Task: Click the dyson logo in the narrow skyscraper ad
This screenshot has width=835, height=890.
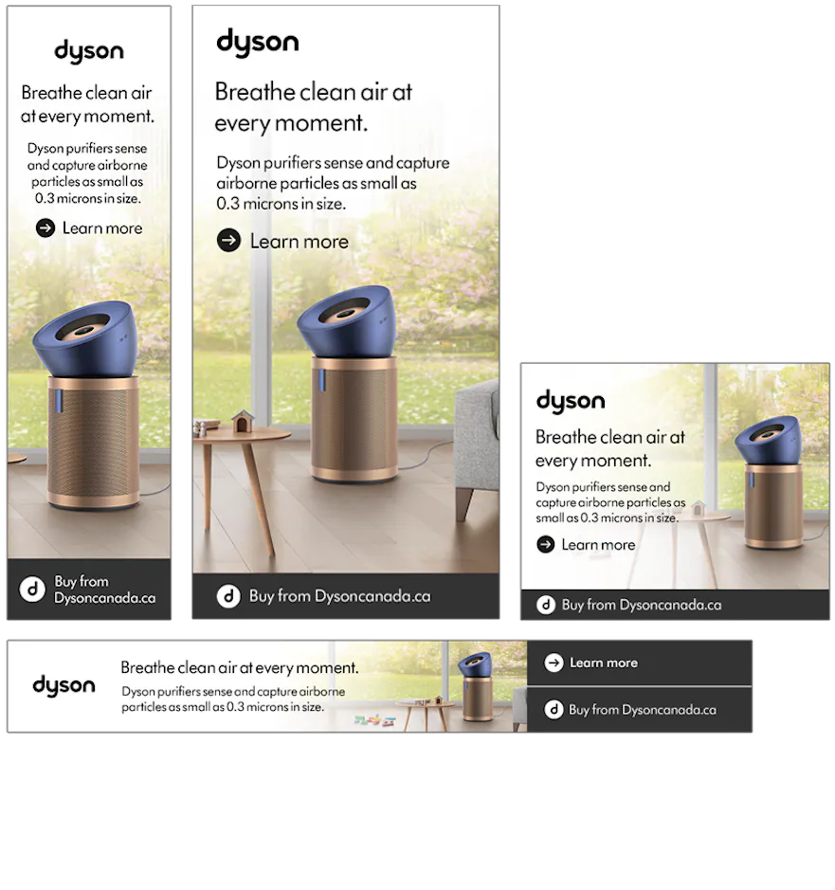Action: click(x=89, y=51)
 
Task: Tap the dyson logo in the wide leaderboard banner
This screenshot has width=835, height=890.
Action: click(x=64, y=685)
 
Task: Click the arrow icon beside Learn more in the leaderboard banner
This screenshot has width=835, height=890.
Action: click(x=554, y=663)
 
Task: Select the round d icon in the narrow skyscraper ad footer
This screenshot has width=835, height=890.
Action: click(x=32, y=590)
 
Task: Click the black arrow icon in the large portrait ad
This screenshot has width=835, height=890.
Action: click(x=228, y=240)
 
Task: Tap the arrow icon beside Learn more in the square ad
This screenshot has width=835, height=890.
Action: click(x=546, y=544)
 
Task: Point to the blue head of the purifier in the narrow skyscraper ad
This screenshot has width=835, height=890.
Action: click(x=85, y=337)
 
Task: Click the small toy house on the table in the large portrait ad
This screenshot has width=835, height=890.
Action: click(x=242, y=421)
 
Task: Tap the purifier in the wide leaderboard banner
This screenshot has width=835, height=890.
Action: click(x=476, y=687)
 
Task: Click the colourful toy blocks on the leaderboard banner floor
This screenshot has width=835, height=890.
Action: click(x=374, y=721)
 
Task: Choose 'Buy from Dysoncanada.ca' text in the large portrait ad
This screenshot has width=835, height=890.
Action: click(x=339, y=596)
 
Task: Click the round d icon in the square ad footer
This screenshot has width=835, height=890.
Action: click(x=546, y=605)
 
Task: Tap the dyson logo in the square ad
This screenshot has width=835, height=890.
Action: click(x=571, y=401)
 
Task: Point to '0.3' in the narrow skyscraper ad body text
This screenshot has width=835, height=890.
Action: click(x=45, y=199)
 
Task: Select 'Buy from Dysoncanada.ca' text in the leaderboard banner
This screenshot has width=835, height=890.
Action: click(x=642, y=710)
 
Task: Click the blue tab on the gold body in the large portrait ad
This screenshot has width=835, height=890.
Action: click(x=321, y=380)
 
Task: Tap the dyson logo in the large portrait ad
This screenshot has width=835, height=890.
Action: click(x=258, y=42)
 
